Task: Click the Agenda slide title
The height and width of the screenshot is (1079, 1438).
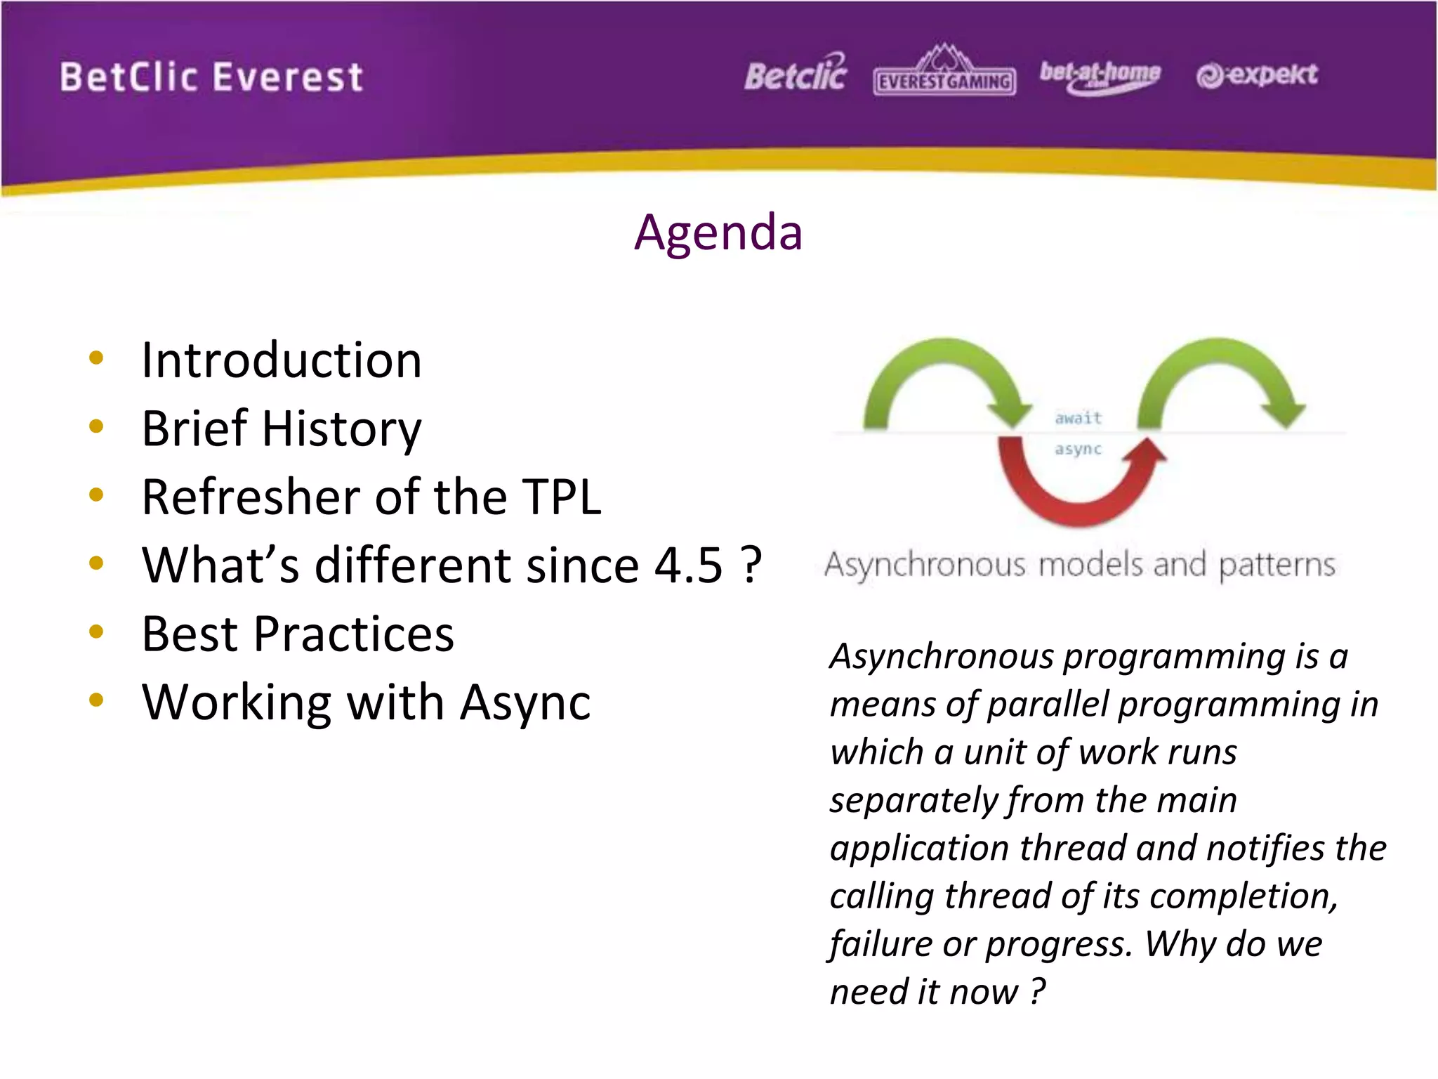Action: pyautogui.click(x=718, y=233)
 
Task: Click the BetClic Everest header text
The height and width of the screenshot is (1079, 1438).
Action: pyautogui.click(x=211, y=77)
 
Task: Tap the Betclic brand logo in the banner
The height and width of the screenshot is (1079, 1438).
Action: pyautogui.click(x=796, y=74)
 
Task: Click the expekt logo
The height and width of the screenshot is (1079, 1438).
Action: pyautogui.click(x=1257, y=74)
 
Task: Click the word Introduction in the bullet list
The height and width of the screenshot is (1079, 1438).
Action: pyautogui.click(x=282, y=360)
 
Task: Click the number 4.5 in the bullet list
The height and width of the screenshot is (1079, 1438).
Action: pyautogui.click(x=688, y=565)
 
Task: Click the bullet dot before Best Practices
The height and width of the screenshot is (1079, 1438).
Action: pyautogui.click(x=96, y=632)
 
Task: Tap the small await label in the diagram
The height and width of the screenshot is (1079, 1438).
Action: pyautogui.click(x=1078, y=419)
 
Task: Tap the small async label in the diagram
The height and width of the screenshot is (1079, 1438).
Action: pyautogui.click(x=1078, y=449)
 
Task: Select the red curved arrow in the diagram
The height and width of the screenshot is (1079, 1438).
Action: pyautogui.click(x=1078, y=502)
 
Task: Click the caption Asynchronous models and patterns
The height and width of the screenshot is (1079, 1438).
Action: pyautogui.click(x=1079, y=565)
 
